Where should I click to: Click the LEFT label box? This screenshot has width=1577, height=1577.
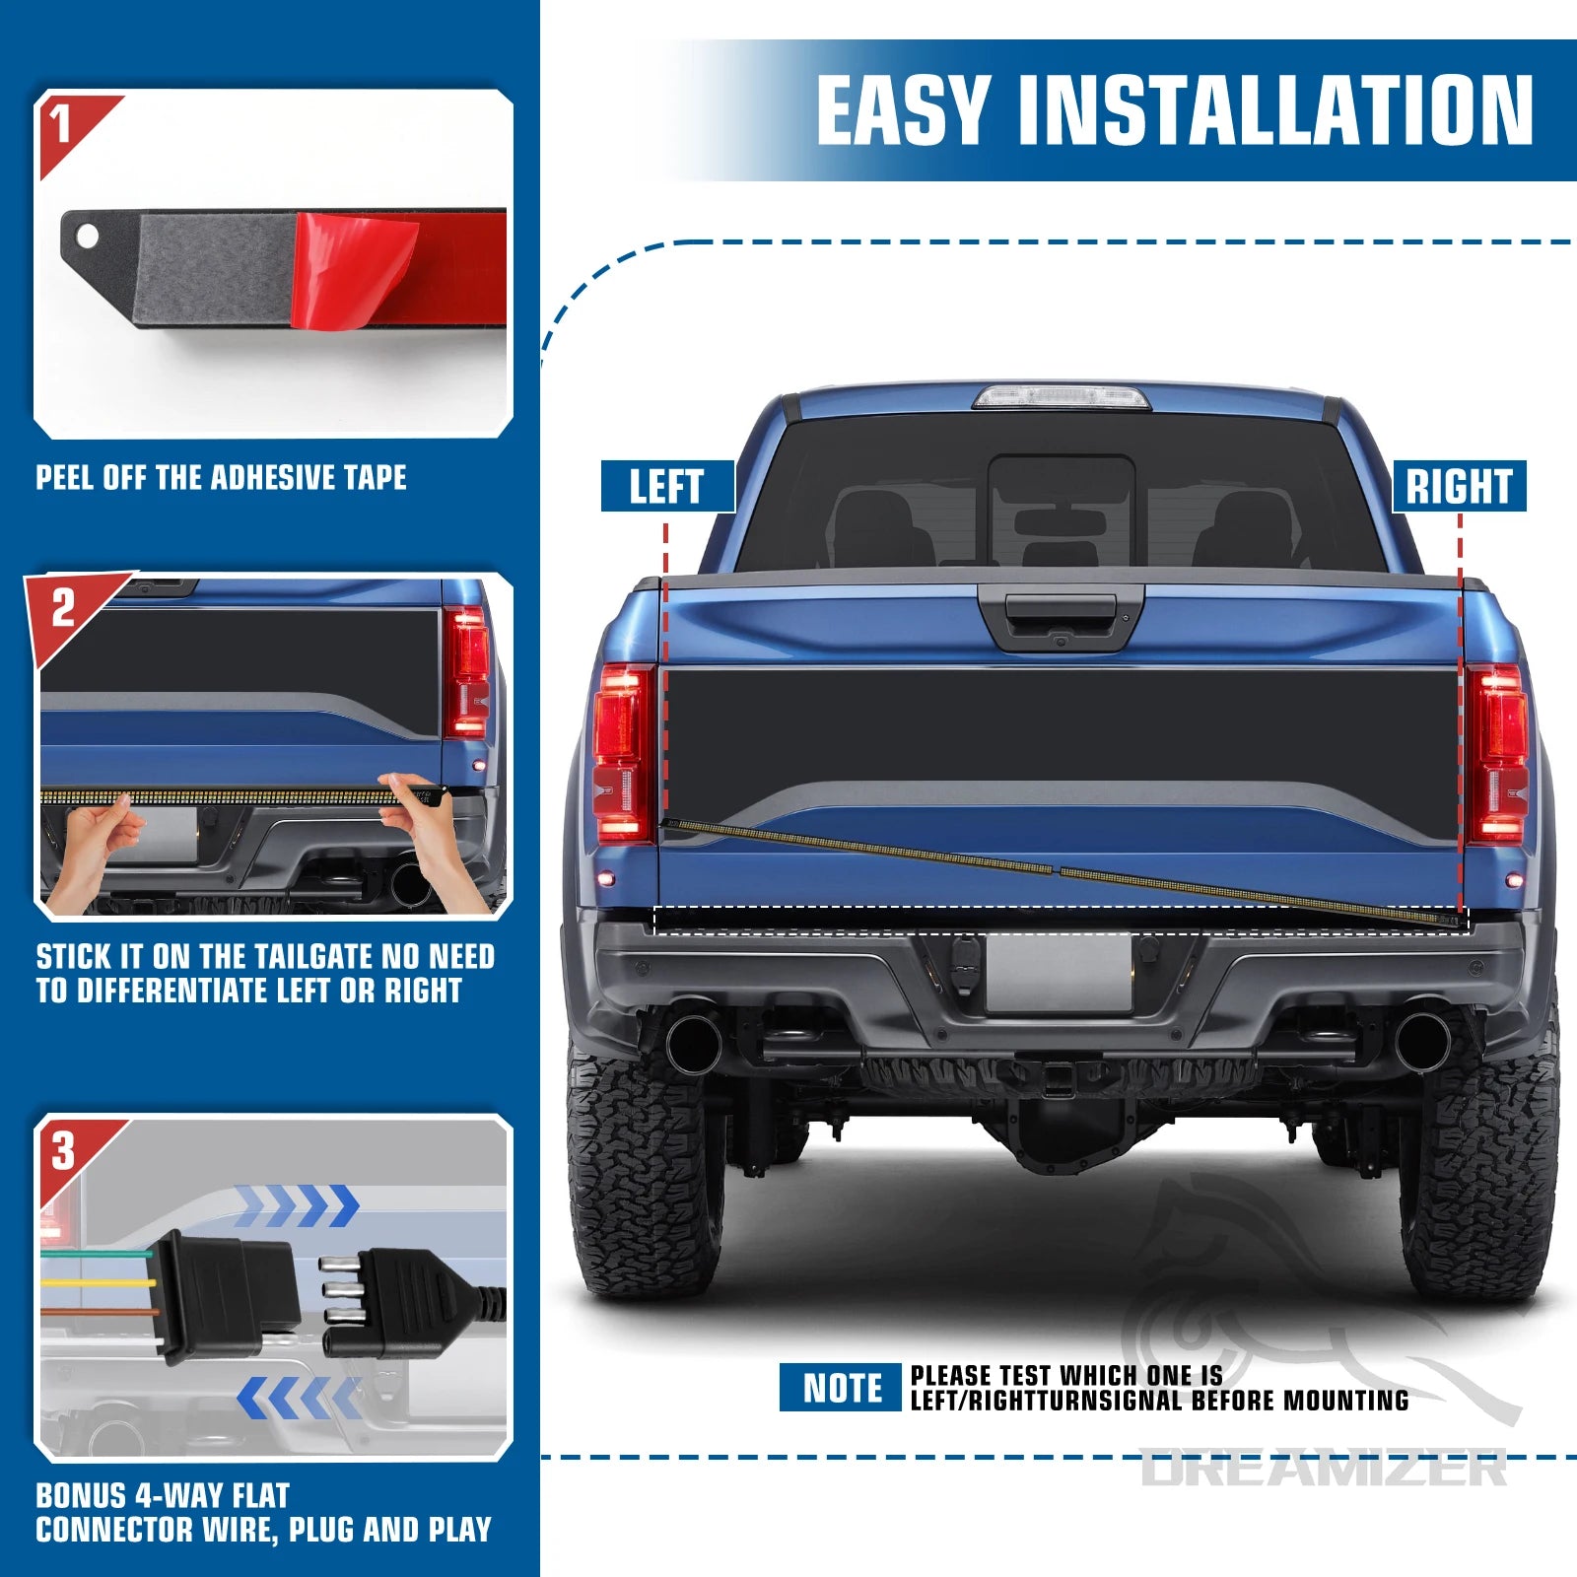click(x=667, y=486)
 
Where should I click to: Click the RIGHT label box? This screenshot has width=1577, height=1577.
click(x=1459, y=486)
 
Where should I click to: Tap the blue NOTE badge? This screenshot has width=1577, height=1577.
click(x=841, y=1388)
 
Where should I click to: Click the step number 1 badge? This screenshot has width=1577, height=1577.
click(x=62, y=123)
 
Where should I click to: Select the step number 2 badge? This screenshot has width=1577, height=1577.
click(x=62, y=608)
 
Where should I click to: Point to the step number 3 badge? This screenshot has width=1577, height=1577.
click(x=62, y=1150)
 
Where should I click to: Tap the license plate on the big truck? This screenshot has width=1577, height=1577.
click(x=1059, y=973)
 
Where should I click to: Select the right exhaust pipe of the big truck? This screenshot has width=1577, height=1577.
click(x=1422, y=1038)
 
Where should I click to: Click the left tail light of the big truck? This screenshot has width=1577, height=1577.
click(x=623, y=754)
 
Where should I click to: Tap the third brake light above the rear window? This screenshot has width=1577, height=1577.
click(x=1061, y=397)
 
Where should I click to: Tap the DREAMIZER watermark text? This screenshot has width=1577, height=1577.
click(x=1324, y=1469)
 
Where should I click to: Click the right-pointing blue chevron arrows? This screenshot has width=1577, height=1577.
click(x=297, y=1205)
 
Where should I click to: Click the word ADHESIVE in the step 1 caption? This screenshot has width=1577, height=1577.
click(x=260, y=478)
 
